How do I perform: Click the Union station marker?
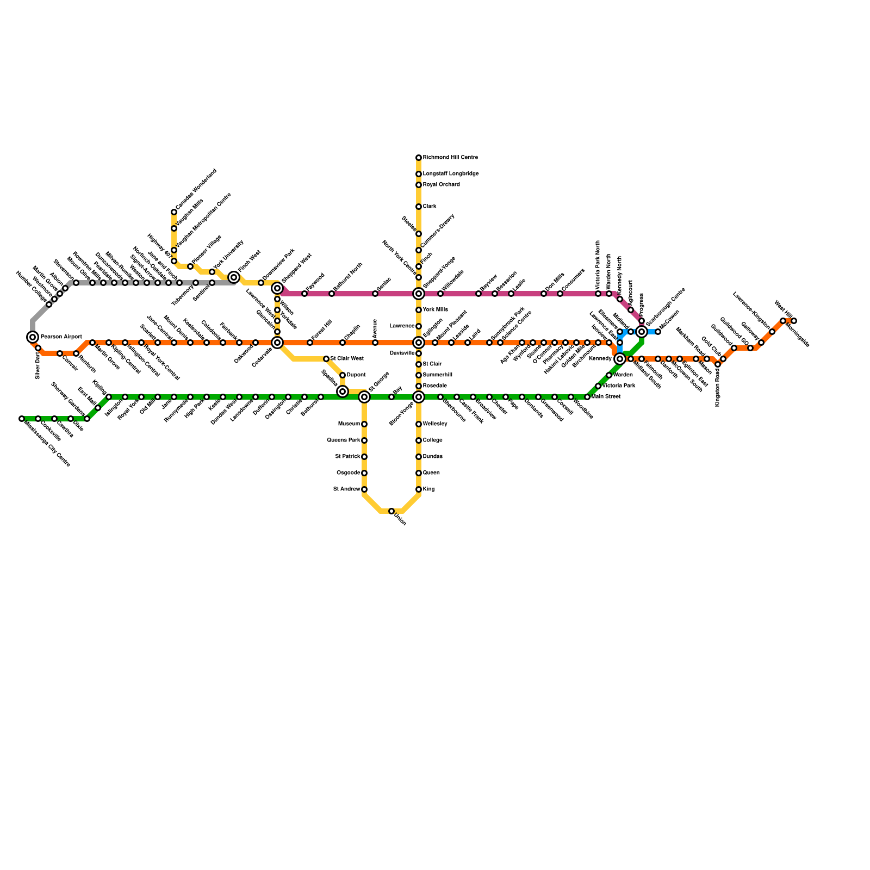391,511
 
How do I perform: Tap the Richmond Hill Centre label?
450,158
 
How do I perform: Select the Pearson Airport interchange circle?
33,337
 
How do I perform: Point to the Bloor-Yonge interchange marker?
419,397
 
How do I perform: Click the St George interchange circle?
364,397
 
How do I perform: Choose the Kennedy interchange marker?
620,359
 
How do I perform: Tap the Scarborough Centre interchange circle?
642,332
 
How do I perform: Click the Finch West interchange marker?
234,277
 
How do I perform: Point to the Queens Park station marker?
364,440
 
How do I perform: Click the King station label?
428,489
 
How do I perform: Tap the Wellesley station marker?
419,424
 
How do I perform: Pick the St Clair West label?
347,359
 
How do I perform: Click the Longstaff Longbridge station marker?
419,174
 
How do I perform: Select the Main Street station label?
606,397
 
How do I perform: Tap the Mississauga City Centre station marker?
22,419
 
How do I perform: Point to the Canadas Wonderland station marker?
174,212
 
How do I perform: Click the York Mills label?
435,310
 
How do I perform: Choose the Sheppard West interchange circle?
277,288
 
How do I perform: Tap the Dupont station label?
356,375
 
